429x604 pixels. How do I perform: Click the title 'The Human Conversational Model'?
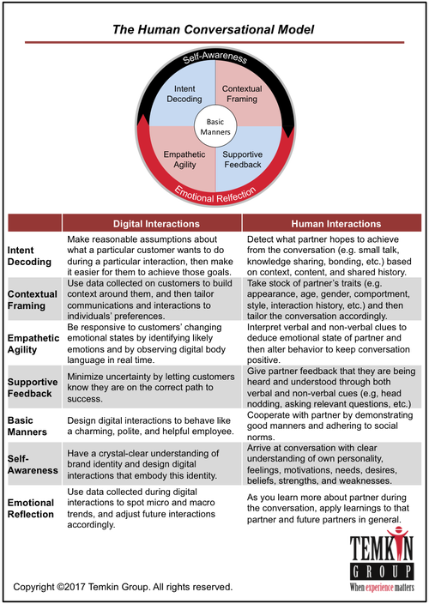[213, 30]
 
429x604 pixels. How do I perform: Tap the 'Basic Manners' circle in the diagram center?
[214, 127]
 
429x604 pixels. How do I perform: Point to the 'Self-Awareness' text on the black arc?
[214, 57]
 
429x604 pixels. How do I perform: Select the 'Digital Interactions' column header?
[156, 224]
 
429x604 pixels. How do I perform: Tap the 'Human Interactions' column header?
[335, 224]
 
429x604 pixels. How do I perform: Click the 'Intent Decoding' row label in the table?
[29, 256]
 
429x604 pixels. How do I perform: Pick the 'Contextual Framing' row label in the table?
[33, 299]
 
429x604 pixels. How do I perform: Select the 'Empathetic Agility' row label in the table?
[33, 343]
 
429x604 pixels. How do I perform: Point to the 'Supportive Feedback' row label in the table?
[33, 388]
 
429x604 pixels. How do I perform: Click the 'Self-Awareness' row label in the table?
[33, 464]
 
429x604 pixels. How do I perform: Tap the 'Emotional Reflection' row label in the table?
[31, 508]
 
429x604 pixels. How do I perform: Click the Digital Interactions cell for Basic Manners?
[150, 426]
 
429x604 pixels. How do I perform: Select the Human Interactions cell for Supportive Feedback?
[331, 387]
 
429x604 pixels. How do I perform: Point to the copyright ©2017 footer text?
[123, 587]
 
